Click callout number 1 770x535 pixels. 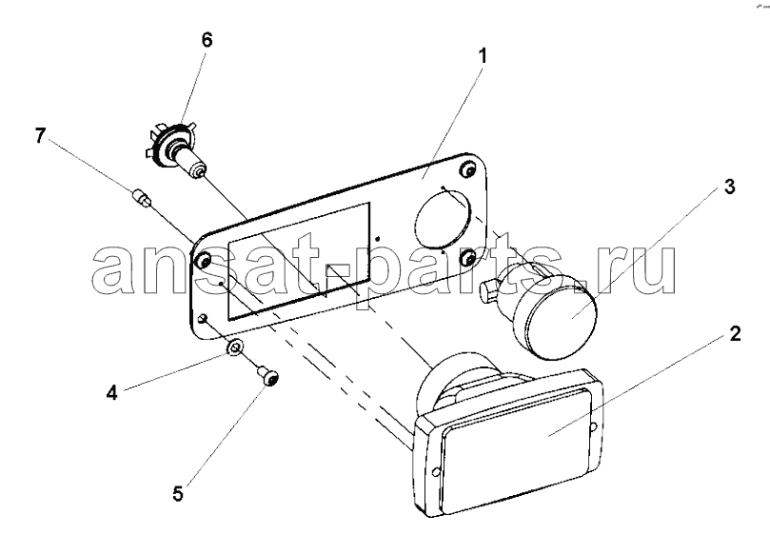click(x=483, y=56)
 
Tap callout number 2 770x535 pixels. click(x=735, y=334)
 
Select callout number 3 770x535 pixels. click(x=730, y=187)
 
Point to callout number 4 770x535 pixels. click(x=112, y=393)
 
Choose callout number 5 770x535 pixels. click(x=178, y=494)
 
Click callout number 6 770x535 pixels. click(x=207, y=40)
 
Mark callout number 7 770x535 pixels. click(x=41, y=135)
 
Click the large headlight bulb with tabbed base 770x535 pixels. click(x=177, y=150)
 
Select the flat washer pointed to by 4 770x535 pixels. click(x=234, y=347)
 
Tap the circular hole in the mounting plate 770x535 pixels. click(x=443, y=219)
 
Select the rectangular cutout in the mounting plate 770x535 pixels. click(x=299, y=261)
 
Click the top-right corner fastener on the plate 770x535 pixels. click(x=467, y=169)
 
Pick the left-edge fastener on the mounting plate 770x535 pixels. click(x=204, y=259)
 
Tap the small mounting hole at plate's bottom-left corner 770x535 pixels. click(x=203, y=319)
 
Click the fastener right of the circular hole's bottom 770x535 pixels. click(x=468, y=257)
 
